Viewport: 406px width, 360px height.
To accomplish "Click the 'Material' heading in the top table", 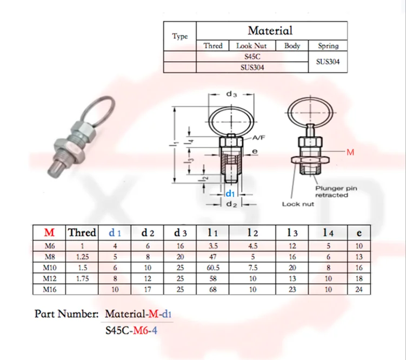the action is point(270,30).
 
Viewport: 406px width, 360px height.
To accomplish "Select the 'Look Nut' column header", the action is point(251,46).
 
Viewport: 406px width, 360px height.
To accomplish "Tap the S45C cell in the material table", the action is point(252,56).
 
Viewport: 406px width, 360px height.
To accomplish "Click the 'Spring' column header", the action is point(328,46).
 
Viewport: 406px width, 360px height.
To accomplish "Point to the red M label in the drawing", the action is point(350,152).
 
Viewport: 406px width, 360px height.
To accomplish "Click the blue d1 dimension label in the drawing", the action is point(230,194).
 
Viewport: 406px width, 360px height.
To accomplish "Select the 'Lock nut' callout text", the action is point(298,204).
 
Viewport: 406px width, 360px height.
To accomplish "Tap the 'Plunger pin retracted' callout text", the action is point(336,191).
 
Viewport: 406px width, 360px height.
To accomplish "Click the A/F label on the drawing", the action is point(258,138).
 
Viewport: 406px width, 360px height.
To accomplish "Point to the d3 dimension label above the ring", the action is point(231,94).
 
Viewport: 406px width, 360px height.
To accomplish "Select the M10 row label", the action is point(49,268).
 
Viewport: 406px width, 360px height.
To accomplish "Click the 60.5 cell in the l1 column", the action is point(213,268).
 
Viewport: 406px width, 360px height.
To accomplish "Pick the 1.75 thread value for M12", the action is point(82,278).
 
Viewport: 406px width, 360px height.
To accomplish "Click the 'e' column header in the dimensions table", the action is point(359,233).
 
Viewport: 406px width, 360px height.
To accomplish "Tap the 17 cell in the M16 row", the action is point(148,289).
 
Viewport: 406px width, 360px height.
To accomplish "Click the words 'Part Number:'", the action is point(66,314).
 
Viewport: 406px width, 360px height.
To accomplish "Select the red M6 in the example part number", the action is point(141,331).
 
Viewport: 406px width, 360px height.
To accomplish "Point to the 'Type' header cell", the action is point(180,36).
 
